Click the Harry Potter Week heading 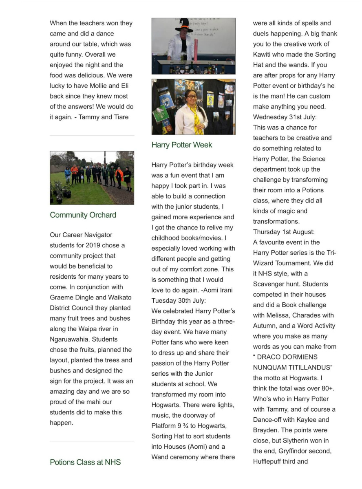[182, 145]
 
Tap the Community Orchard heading [83, 215]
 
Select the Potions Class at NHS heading [85, 462]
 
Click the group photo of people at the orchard [92, 178]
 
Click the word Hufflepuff [269, 462]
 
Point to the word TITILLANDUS [311, 368]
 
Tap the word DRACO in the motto [272, 357]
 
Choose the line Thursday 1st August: [284, 232]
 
